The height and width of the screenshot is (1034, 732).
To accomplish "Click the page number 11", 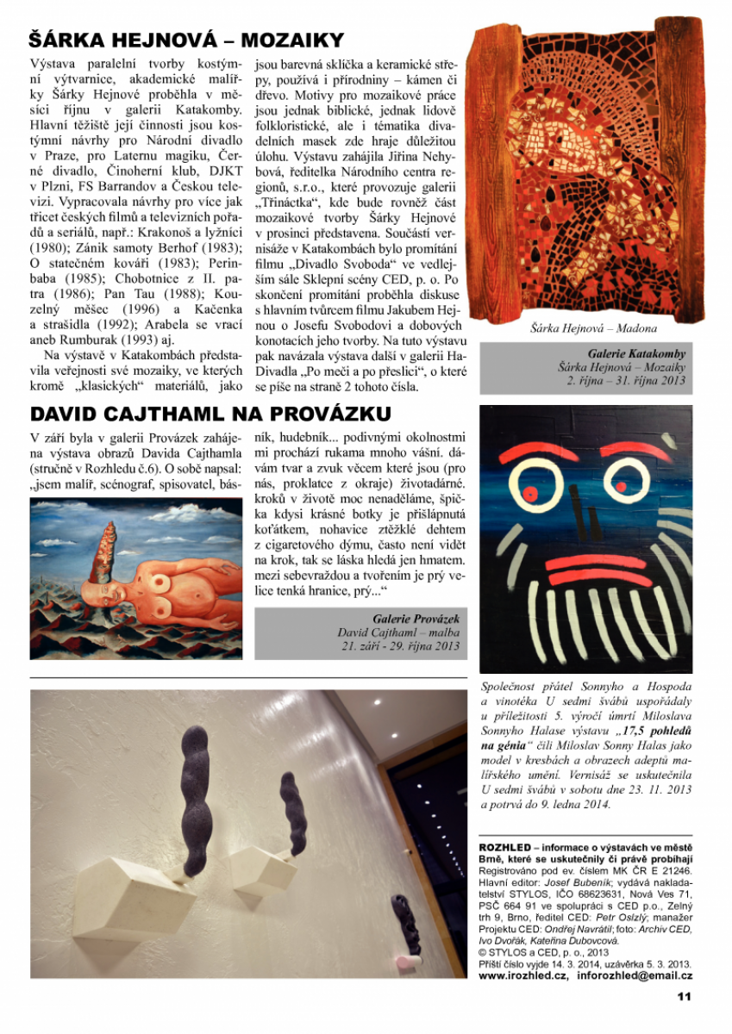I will [684, 997].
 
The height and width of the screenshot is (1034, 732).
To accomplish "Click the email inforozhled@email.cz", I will [633, 976].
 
